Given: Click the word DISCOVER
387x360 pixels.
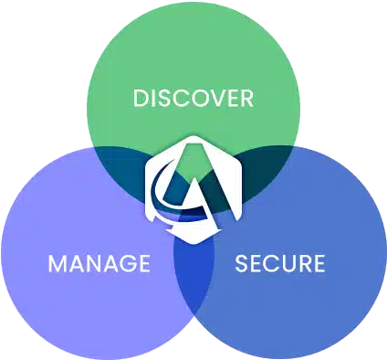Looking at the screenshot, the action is [x=193, y=98].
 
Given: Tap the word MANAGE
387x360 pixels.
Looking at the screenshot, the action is [x=99, y=263].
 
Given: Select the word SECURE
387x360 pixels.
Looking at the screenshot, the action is [x=280, y=263].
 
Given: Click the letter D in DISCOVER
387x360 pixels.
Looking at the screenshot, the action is [x=141, y=98].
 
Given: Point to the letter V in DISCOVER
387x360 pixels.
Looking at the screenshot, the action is [x=213, y=98].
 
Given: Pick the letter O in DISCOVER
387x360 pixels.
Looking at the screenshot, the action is [x=193, y=98].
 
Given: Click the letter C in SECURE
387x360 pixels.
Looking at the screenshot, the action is [x=271, y=263].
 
